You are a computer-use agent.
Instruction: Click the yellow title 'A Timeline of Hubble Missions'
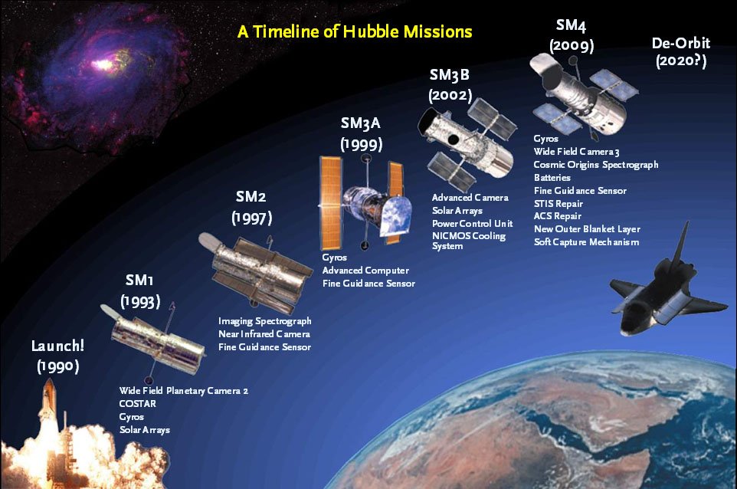pyautogui.click(x=355, y=31)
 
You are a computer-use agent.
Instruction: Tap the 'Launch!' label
pyautogui.click(x=57, y=346)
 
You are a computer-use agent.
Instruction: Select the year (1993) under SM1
pyautogui.click(x=140, y=301)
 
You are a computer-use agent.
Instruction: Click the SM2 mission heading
pyautogui.click(x=251, y=196)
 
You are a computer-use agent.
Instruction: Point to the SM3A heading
pyautogui.click(x=361, y=123)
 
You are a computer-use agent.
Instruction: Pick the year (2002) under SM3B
pyautogui.click(x=450, y=95)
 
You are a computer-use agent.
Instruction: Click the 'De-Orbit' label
pyautogui.click(x=681, y=43)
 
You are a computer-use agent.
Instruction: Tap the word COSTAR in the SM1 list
pyautogui.click(x=137, y=403)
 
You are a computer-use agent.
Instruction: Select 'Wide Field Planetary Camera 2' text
pyautogui.click(x=183, y=391)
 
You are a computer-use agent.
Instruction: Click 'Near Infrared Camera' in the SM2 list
pyautogui.click(x=264, y=334)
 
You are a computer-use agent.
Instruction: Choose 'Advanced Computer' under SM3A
pyautogui.click(x=365, y=271)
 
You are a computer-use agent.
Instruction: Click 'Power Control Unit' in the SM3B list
pyautogui.click(x=473, y=223)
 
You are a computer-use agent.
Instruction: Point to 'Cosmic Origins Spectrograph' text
pyautogui.click(x=596, y=165)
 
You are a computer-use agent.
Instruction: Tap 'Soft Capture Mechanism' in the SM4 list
pyautogui.click(x=587, y=242)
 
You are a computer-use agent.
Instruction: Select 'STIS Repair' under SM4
pyautogui.click(x=558, y=204)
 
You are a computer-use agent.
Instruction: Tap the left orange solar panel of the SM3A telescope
pyautogui.click(x=330, y=202)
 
